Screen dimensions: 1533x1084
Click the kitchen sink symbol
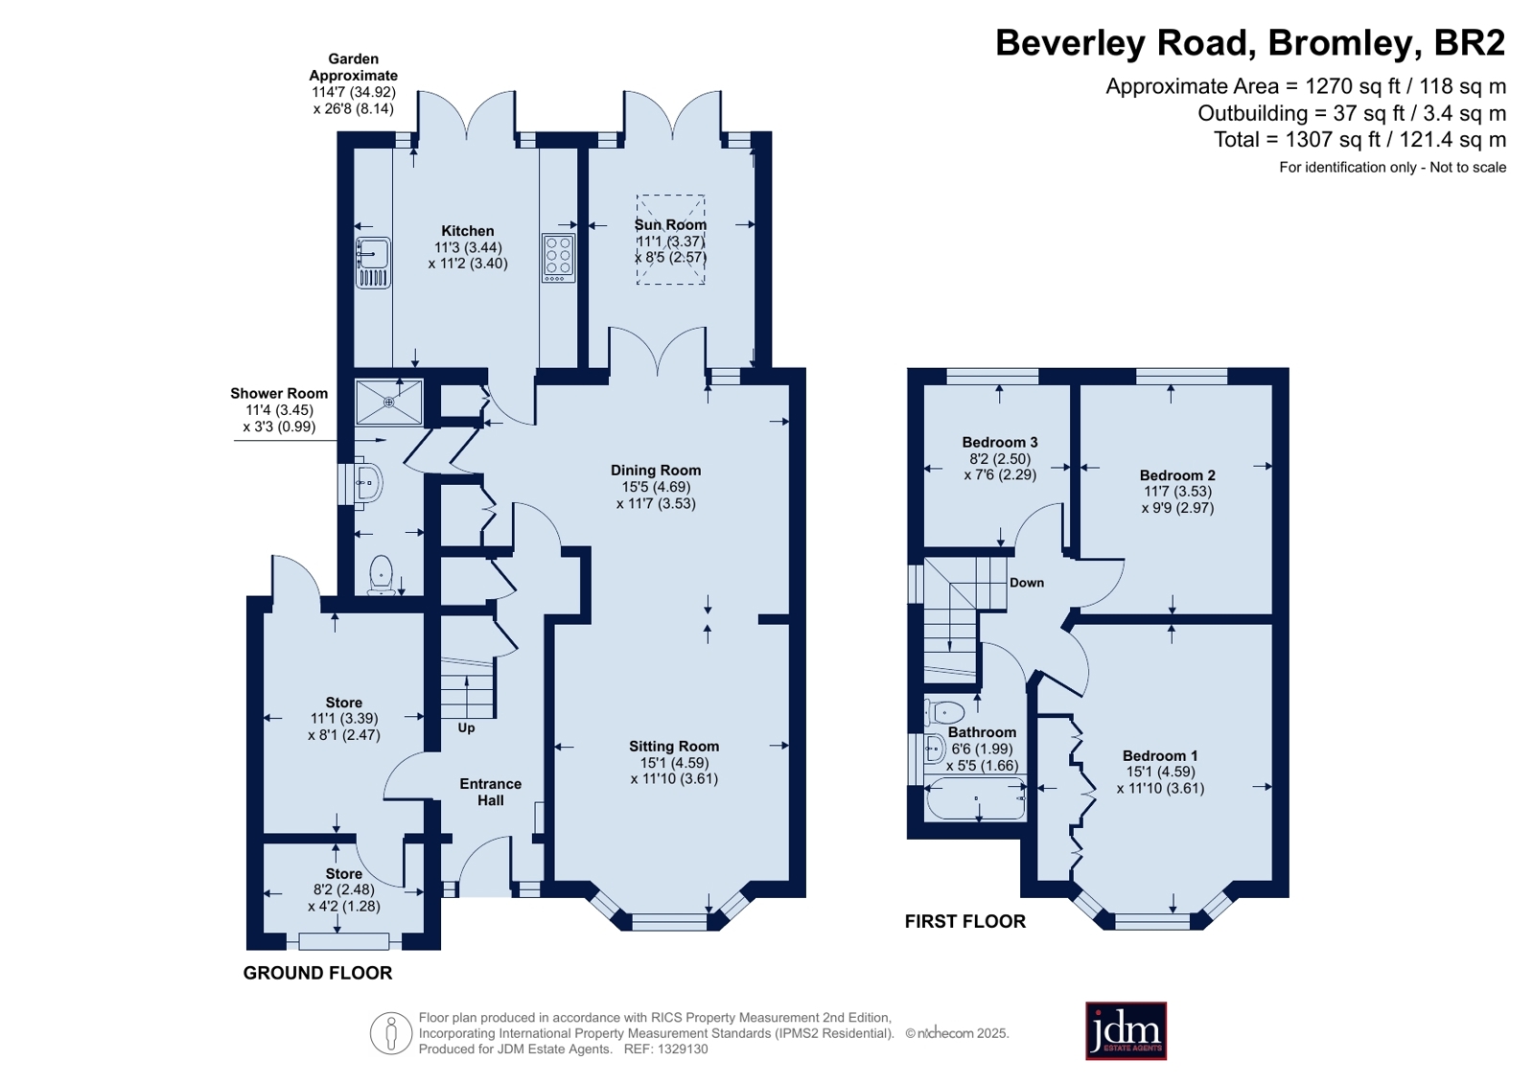[x=373, y=262]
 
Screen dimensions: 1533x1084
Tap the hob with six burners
[x=558, y=258]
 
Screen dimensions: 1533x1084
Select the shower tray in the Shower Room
[x=388, y=403]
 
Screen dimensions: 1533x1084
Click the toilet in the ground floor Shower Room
[x=381, y=574]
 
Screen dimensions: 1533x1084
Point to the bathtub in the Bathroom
[x=976, y=799]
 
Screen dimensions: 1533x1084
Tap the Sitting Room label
[x=674, y=746]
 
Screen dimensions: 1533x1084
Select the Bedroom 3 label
[x=1000, y=442]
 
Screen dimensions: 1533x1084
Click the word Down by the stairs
[x=1027, y=583]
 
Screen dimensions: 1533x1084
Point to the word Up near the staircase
[x=466, y=727]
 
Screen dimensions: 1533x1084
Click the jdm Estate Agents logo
[x=1126, y=1030]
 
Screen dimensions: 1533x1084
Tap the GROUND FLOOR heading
[x=317, y=973]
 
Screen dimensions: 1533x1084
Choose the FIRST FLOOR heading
[x=965, y=921]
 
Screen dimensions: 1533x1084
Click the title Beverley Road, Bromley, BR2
[x=1250, y=42]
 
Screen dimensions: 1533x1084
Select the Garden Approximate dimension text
[x=353, y=83]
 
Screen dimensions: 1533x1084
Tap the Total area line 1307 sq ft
[x=1359, y=140]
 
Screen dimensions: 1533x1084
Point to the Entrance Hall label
[x=491, y=792]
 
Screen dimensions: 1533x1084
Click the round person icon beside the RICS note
[x=391, y=1033]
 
